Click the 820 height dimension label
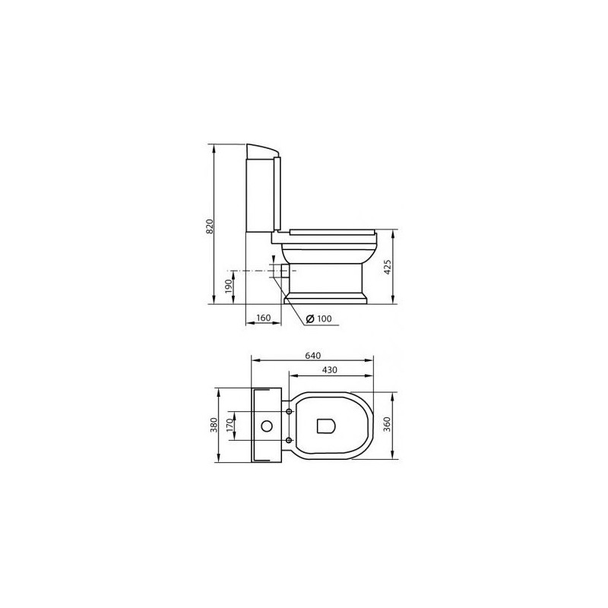[x=210, y=226]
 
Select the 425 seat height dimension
[x=388, y=268]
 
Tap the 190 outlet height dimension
[x=229, y=287]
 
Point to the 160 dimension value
[x=263, y=318]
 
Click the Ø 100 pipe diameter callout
[x=318, y=318]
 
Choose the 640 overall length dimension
[x=313, y=355]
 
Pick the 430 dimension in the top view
[x=330, y=370]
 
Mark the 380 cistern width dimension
[x=214, y=425]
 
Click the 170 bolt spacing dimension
[x=230, y=426]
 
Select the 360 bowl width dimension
[x=387, y=425]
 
